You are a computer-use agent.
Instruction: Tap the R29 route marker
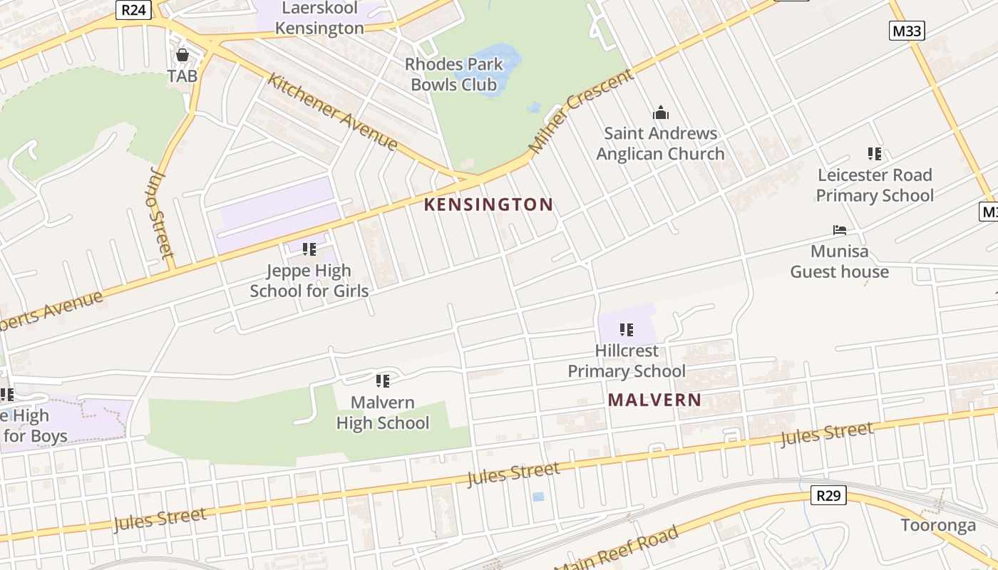pyautogui.click(x=828, y=495)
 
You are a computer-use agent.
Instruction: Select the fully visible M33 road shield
pyautogui.click(x=907, y=30)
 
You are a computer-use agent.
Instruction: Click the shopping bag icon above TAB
pyautogui.click(x=182, y=55)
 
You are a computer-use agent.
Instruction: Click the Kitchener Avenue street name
pyautogui.click(x=332, y=111)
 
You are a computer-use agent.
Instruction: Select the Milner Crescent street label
pyautogui.click(x=580, y=111)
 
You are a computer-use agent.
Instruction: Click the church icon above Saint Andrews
pyautogui.click(x=661, y=113)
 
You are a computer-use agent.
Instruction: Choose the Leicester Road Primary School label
pyautogui.click(x=875, y=185)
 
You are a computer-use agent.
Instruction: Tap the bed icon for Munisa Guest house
pyautogui.click(x=840, y=230)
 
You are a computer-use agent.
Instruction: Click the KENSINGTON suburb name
pyautogui.click(x=488, y=205)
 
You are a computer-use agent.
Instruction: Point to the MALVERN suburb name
pyautogui.click(x=654, y=400)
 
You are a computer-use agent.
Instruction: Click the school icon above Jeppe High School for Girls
pyautogui.click(x=309, y=249)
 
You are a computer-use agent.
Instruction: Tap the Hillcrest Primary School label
pyautogui.click(x=627, y=361)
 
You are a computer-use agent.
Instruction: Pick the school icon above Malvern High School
pyautogui.click(x=383, y=381)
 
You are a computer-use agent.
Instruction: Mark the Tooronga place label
pyautogui.click(x=938, y=526)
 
